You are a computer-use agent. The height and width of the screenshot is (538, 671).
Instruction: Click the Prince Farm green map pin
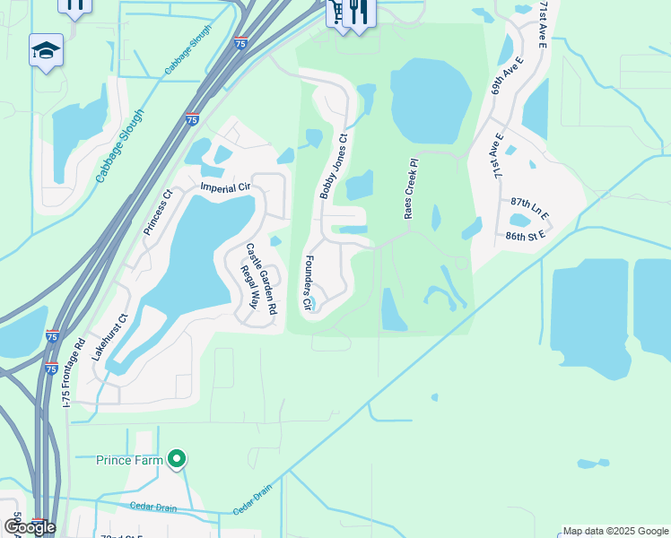pyautogui.click(x=177, y=459)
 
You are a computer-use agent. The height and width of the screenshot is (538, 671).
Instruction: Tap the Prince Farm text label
pyautogui.click(x=130, y=461)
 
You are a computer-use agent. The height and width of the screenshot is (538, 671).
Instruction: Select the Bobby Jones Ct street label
pyautogui.click(x=333, y=166)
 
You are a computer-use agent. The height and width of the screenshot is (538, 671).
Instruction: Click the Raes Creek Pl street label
pyautogui.click(x=412, y=189)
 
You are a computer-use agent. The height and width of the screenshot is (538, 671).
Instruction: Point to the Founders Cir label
pyautogui.click(x=308, y=284)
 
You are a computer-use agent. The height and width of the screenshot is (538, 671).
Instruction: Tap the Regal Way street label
pyautogui.click(x=248, y=286)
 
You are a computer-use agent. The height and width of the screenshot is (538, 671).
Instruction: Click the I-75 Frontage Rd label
pyautogui.click(x=73, y=372)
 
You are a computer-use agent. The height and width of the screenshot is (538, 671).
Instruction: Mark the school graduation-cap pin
pyautogui.click(x=46, y=50)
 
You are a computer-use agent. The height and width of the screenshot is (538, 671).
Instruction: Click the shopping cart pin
pyautogui.click(x=337, y=13)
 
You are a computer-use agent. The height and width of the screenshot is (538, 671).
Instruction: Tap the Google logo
pyautogui.click(x=30, y=527)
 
